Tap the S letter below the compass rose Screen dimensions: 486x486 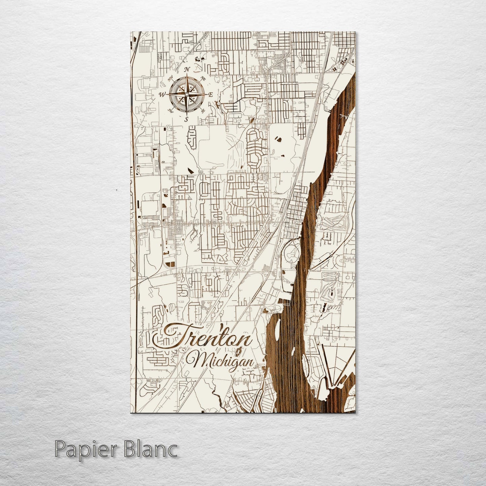(186, 119)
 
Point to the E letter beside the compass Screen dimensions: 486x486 (211, 95)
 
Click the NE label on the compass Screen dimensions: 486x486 (203, 78)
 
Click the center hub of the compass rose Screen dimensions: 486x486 (186, 95)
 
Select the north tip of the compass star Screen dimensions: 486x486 (186, 77)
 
